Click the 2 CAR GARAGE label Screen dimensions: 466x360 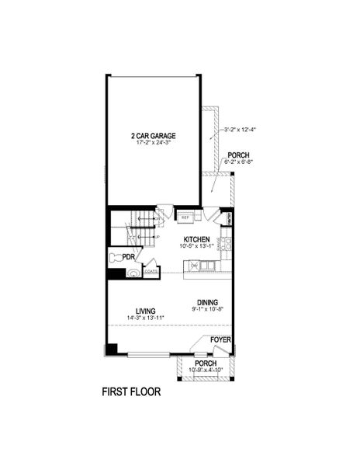tap(153, 135)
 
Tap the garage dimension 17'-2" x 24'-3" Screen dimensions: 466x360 tap(153, 143)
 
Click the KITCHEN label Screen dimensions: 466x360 tap(196, 239)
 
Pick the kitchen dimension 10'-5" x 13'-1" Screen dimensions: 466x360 tap(196, 247)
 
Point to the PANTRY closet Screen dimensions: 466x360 tap(228, 218)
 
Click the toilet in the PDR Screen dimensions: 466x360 tap(116, 257)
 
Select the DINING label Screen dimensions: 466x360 tap(206, 302)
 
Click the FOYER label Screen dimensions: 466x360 tap(221, 339)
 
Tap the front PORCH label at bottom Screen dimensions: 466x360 tap(205, 363)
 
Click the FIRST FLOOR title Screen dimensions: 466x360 tap(131, 392)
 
